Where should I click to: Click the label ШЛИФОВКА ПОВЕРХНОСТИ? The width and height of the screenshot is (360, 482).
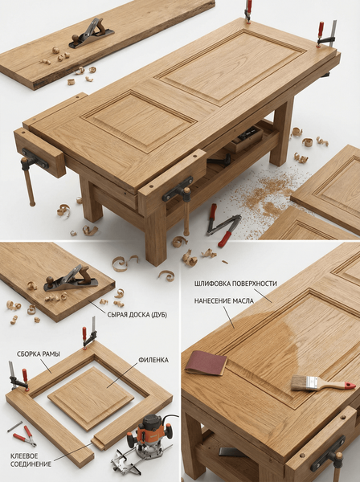tap(235, 284)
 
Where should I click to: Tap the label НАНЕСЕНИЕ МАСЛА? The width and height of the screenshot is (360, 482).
tap(224, 300)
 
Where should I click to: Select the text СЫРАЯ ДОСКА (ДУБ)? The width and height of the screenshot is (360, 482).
tap(137, 315)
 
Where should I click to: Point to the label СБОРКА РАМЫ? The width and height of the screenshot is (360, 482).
tap(39, 353)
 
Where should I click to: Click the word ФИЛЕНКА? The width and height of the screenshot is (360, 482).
tap(153, 360)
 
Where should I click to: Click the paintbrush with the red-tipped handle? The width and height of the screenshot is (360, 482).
tap(323, 383)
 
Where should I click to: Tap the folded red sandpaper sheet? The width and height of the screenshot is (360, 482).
tap(206, 363)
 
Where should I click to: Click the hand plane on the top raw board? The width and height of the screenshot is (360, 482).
tap(92, 33)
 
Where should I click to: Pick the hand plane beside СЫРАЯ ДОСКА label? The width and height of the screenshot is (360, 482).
tap(71, 279)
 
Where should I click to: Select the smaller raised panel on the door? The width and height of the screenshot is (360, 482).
tap(139, 121)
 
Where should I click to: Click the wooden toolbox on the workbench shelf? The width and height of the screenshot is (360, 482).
tap(247, 139)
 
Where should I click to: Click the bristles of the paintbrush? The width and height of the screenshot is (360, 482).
tap(299, 382)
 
